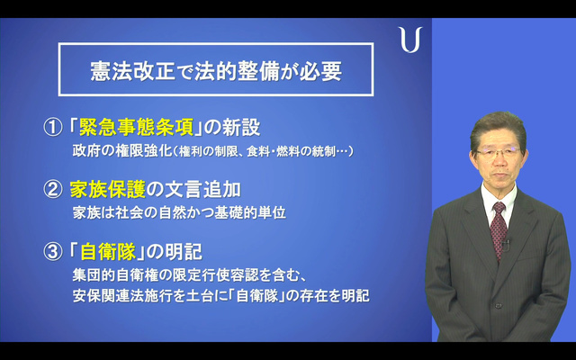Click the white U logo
pyautogui.click(x=410, y=40)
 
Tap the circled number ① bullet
pyautogui.click(x=53, y=128)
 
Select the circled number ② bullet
pyautogui.click(x=53, y=190)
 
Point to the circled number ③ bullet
pyautogui.click(x=53, y=252)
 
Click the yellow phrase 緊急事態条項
pyautogui.click(x=136, y=128)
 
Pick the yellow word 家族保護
pyautogui.click(x=108, y=190)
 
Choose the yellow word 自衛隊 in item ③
pyautogui.click(x=108, y=252)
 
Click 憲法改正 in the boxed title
pyautogui.click(x=132, y=70)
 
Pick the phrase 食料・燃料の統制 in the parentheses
pyautogui.click(x=290, y=151)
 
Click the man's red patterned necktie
pyautogui.click(x=499, y=230)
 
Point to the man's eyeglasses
pyautogui.click(x=498, y=152)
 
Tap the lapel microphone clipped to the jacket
pyautogui.click(x=506, y=245)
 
